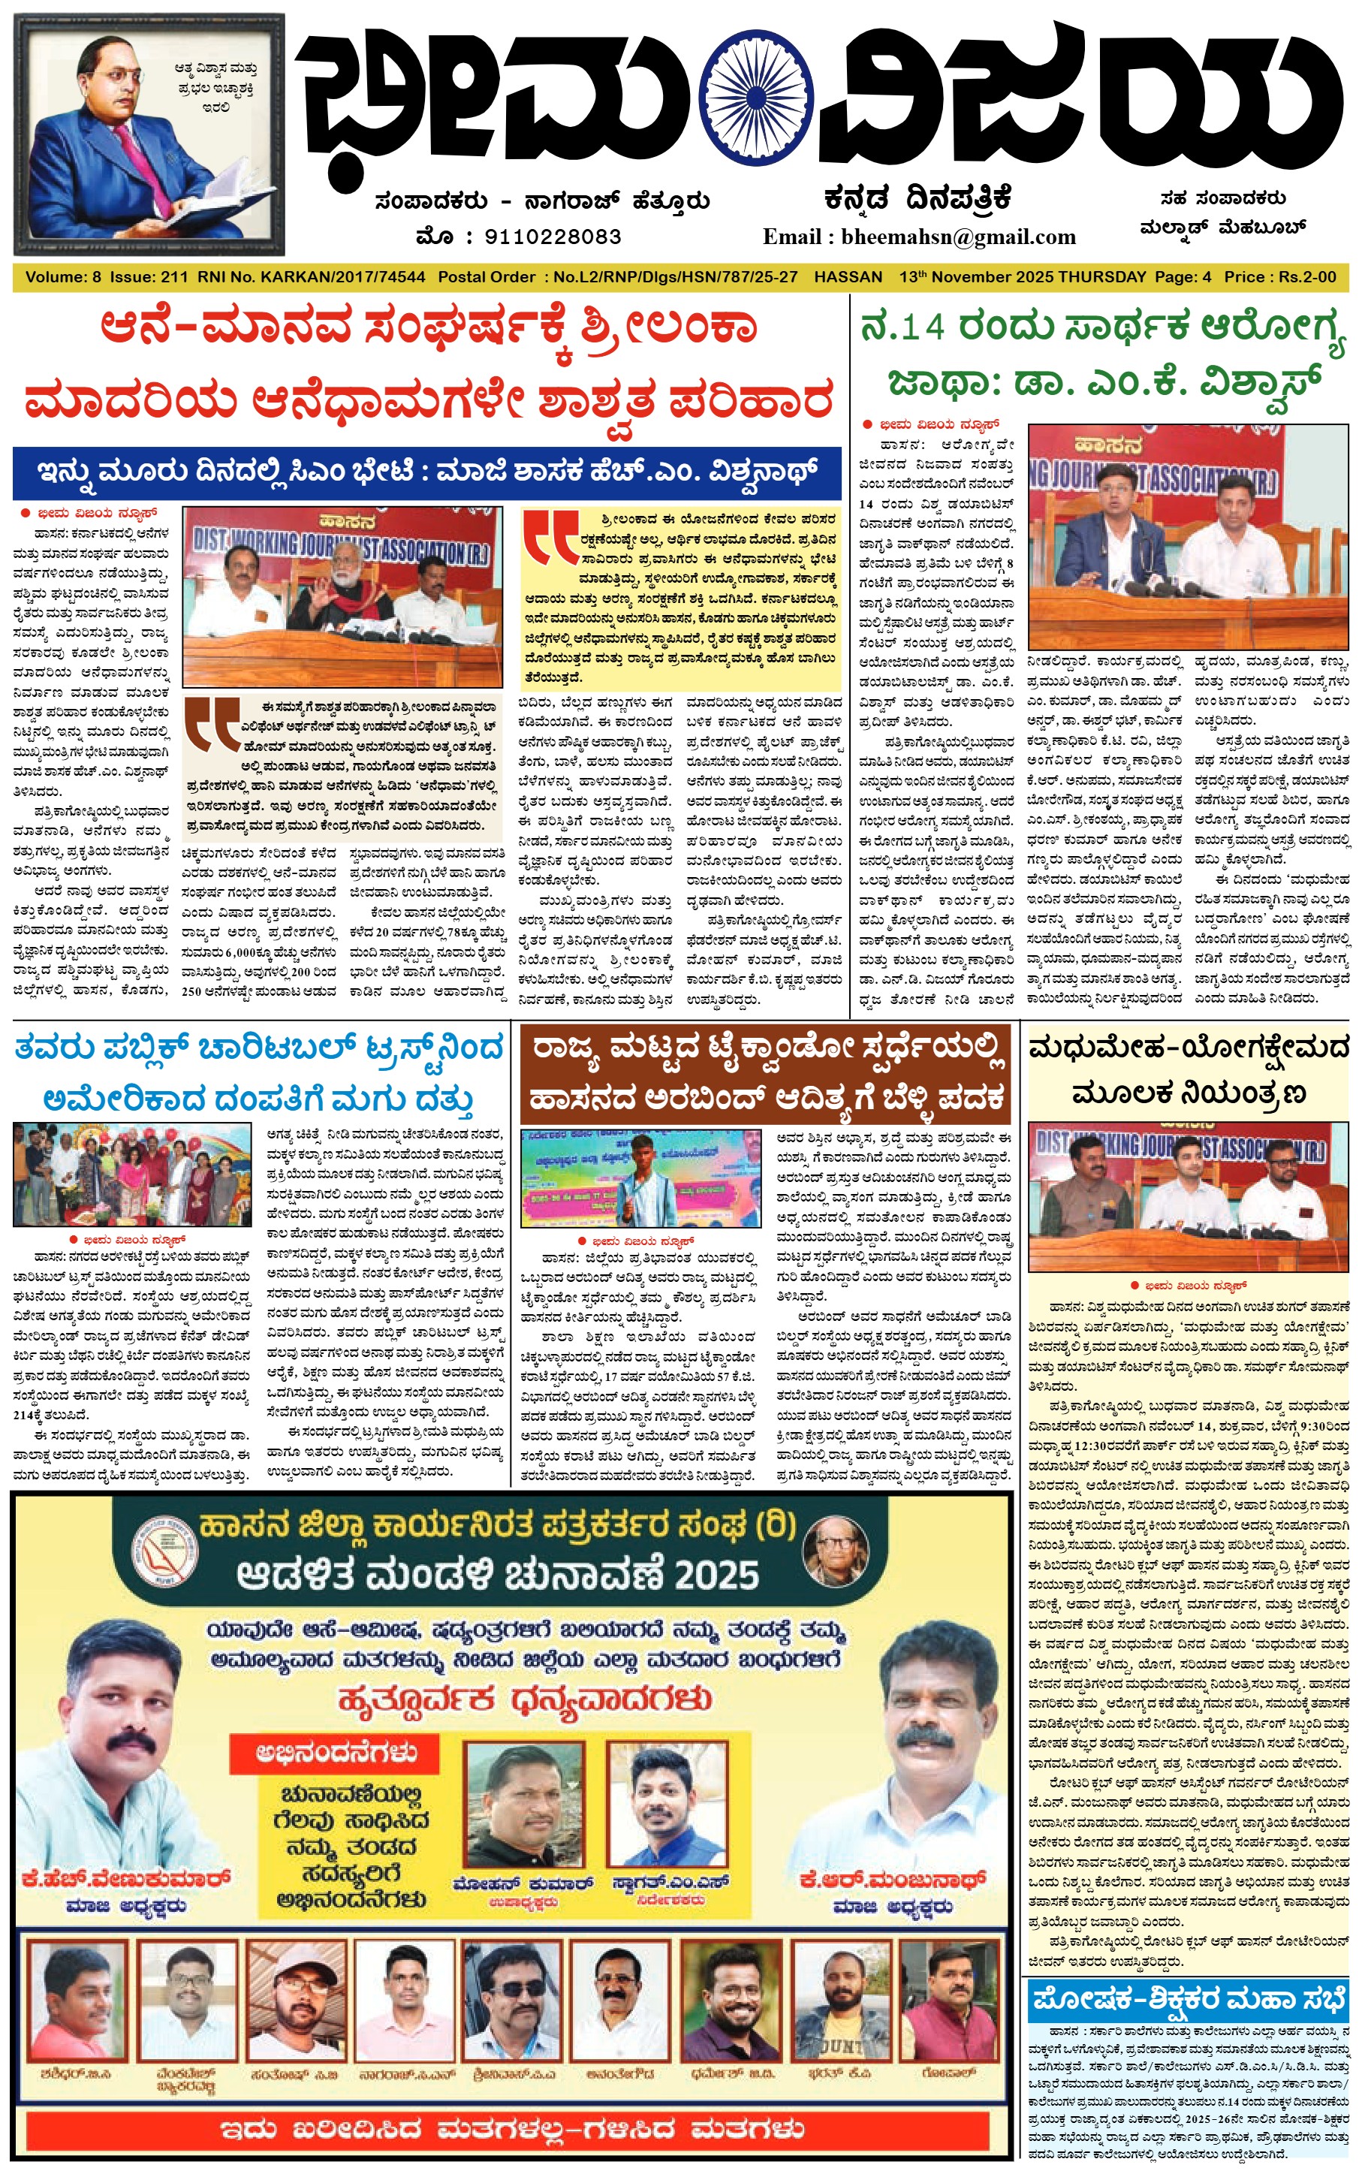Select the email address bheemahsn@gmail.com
click(x=959, y=237)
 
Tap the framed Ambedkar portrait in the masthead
click(x=149, y=134)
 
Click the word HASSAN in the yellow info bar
click(x=848, y=276)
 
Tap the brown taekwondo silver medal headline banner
click(x=766, y=1073)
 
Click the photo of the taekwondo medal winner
click(x=640, y=1178)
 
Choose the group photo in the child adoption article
click(x=131, y=1174)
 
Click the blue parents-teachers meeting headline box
click(x=1187, y=1999)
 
